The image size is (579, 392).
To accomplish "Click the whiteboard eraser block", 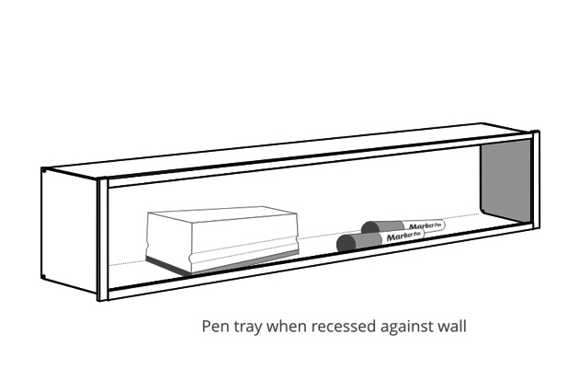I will coord(221,239).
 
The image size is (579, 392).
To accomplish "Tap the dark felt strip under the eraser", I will coord(221,265).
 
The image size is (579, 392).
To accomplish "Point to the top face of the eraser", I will coord(221,218).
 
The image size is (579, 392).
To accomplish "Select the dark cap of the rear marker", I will coord(371,226).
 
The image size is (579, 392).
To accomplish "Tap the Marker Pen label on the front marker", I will coord(403,236).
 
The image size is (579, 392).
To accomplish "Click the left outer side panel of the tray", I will coord(70,230).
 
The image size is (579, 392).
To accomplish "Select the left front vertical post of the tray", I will coord(103,239).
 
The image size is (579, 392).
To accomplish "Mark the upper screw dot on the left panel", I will coord(43,170).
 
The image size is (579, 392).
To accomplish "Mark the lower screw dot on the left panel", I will coord(44,276).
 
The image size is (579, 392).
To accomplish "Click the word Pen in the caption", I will coord(215,326).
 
